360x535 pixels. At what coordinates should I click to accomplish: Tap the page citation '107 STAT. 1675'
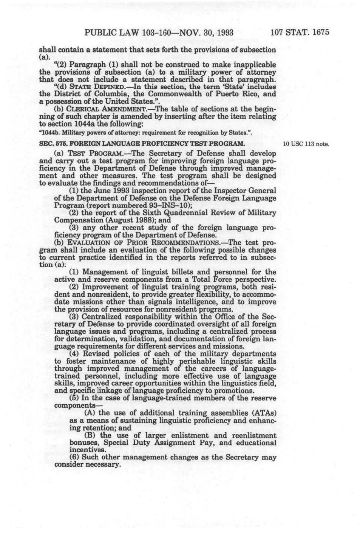point(300,32)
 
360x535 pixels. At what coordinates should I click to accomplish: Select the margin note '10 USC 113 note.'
point(306,144)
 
